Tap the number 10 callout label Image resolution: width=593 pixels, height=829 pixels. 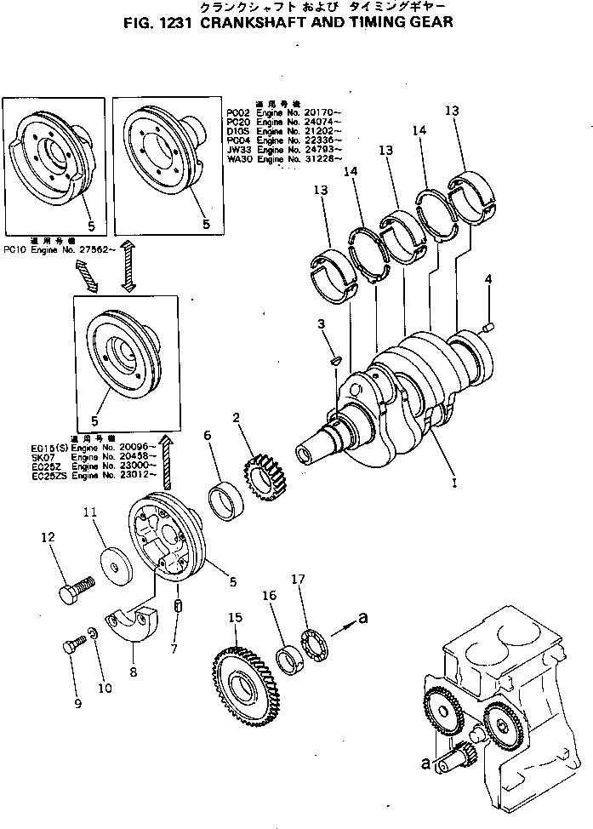coord(105,688)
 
